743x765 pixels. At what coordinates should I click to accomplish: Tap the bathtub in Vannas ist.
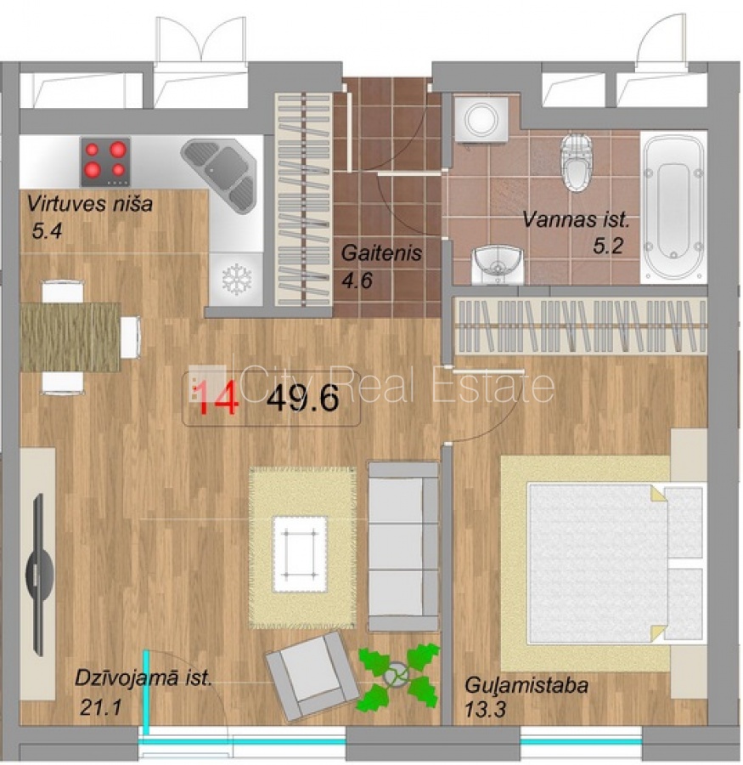673,207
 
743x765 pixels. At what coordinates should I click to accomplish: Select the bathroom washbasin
498,265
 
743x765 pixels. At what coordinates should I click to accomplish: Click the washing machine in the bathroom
481,120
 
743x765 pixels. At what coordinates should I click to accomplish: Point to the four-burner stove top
105,162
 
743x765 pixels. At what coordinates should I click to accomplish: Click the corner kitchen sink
220,177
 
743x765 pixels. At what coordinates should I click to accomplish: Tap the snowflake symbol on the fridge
236,280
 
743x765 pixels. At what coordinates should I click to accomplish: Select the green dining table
70,337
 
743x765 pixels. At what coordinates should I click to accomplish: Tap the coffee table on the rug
300,554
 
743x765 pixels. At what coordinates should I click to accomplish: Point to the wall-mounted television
39,575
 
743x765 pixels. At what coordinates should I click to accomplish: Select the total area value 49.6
303,398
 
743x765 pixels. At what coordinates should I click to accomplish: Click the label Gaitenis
381,252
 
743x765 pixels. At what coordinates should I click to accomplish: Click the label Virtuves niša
90,203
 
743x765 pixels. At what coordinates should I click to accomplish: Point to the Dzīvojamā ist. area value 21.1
100,707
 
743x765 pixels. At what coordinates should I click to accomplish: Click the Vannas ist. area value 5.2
608,246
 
